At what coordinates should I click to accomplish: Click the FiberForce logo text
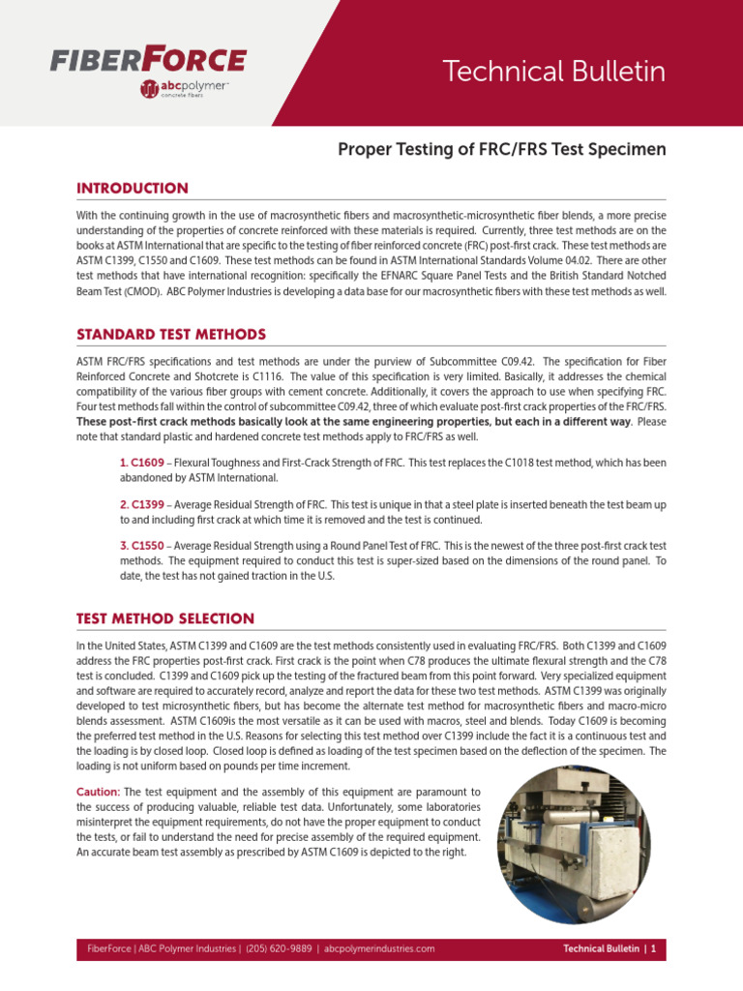coord(147,60)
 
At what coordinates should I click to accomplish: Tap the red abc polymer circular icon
coord(149,90)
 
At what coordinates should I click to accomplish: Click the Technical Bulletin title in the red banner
coord(553,71)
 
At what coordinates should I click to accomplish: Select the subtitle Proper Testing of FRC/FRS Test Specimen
coord(501,150)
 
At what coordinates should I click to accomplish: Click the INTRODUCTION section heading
coord(133,188)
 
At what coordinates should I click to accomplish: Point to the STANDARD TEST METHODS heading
coord(171,334)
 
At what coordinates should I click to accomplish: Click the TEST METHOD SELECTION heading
coord(165,618)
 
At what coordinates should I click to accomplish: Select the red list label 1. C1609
coord(141,464)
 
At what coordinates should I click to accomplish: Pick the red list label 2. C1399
coord(141,505)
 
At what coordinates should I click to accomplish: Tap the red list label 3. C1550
coord(141,546)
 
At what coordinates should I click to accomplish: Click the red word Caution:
coord(99,792)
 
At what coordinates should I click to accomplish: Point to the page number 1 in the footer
coord(654,949)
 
